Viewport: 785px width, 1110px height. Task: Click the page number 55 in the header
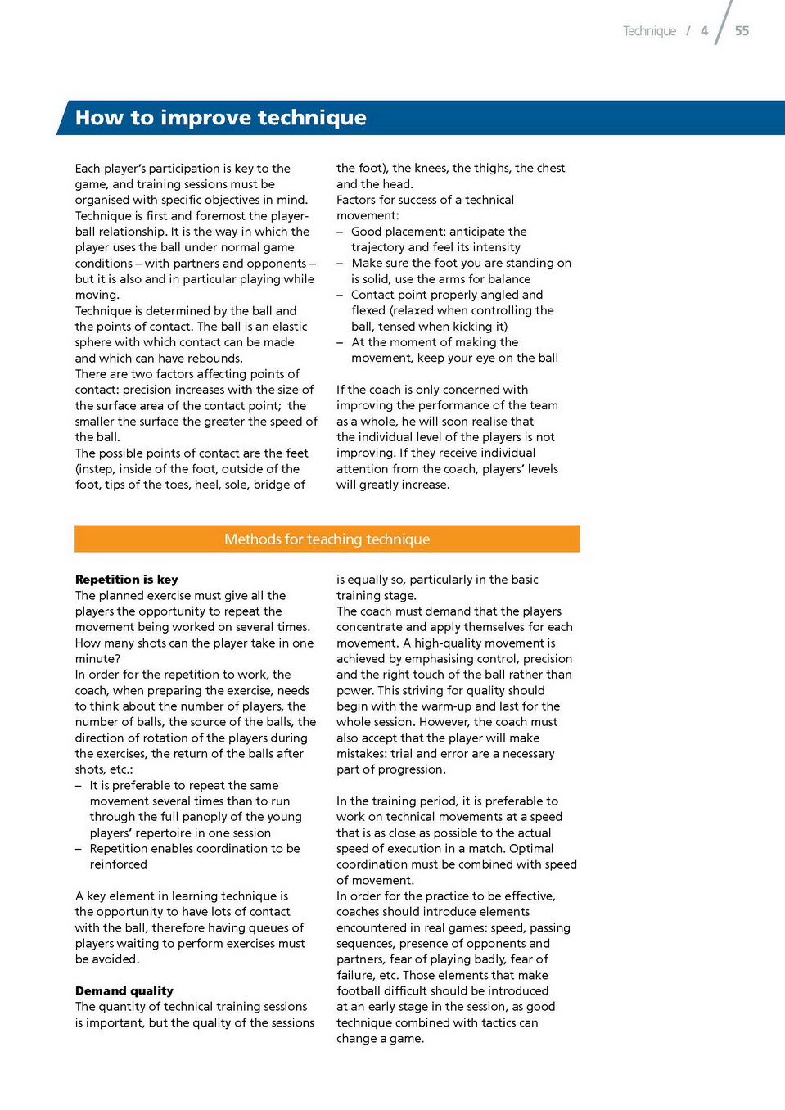click(742, 31)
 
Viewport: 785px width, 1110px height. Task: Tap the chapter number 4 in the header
click(704, 31)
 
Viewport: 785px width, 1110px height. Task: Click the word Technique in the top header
click(649, 31)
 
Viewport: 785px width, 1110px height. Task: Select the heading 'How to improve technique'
click(221, 118)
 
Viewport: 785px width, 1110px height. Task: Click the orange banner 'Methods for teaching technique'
click(327, 539)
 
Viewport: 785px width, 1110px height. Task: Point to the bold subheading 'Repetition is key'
click(127, 580)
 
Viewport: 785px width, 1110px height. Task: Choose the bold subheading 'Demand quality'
click(124, 991)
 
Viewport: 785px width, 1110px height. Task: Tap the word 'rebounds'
click(214, 359)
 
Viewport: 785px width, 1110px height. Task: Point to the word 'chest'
click(550, 168)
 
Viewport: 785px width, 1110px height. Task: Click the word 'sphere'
click(94, 342)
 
